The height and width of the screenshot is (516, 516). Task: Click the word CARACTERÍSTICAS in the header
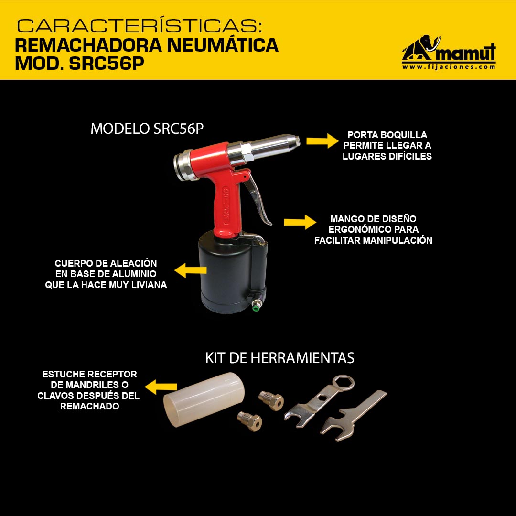click(x=140, y=26)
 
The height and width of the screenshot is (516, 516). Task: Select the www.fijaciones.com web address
click(x=449, y=67)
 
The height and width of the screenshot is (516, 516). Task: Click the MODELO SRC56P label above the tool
click(x=147, y=129)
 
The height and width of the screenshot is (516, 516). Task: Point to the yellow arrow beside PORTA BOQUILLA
click(x=322, y=141)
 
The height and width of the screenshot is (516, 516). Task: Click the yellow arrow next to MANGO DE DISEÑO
click(x=300, y=222)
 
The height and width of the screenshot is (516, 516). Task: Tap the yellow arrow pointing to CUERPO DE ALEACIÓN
click(x=190, y=270)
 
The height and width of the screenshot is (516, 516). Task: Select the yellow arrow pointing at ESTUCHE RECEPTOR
click(x=161, y=387)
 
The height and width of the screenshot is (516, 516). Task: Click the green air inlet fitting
click(x=255, y=308)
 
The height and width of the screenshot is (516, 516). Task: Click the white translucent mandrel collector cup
click(x=204, y=399)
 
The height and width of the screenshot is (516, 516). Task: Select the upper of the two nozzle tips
click(x=271, y=400)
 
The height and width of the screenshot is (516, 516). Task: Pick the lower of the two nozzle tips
click(x=249, y=421)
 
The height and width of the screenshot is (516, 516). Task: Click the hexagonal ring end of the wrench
click(x=344, y=383)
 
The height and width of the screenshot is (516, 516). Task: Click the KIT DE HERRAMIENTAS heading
click(x=279, y=358)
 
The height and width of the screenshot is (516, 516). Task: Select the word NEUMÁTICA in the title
click(x=223, y=45)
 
